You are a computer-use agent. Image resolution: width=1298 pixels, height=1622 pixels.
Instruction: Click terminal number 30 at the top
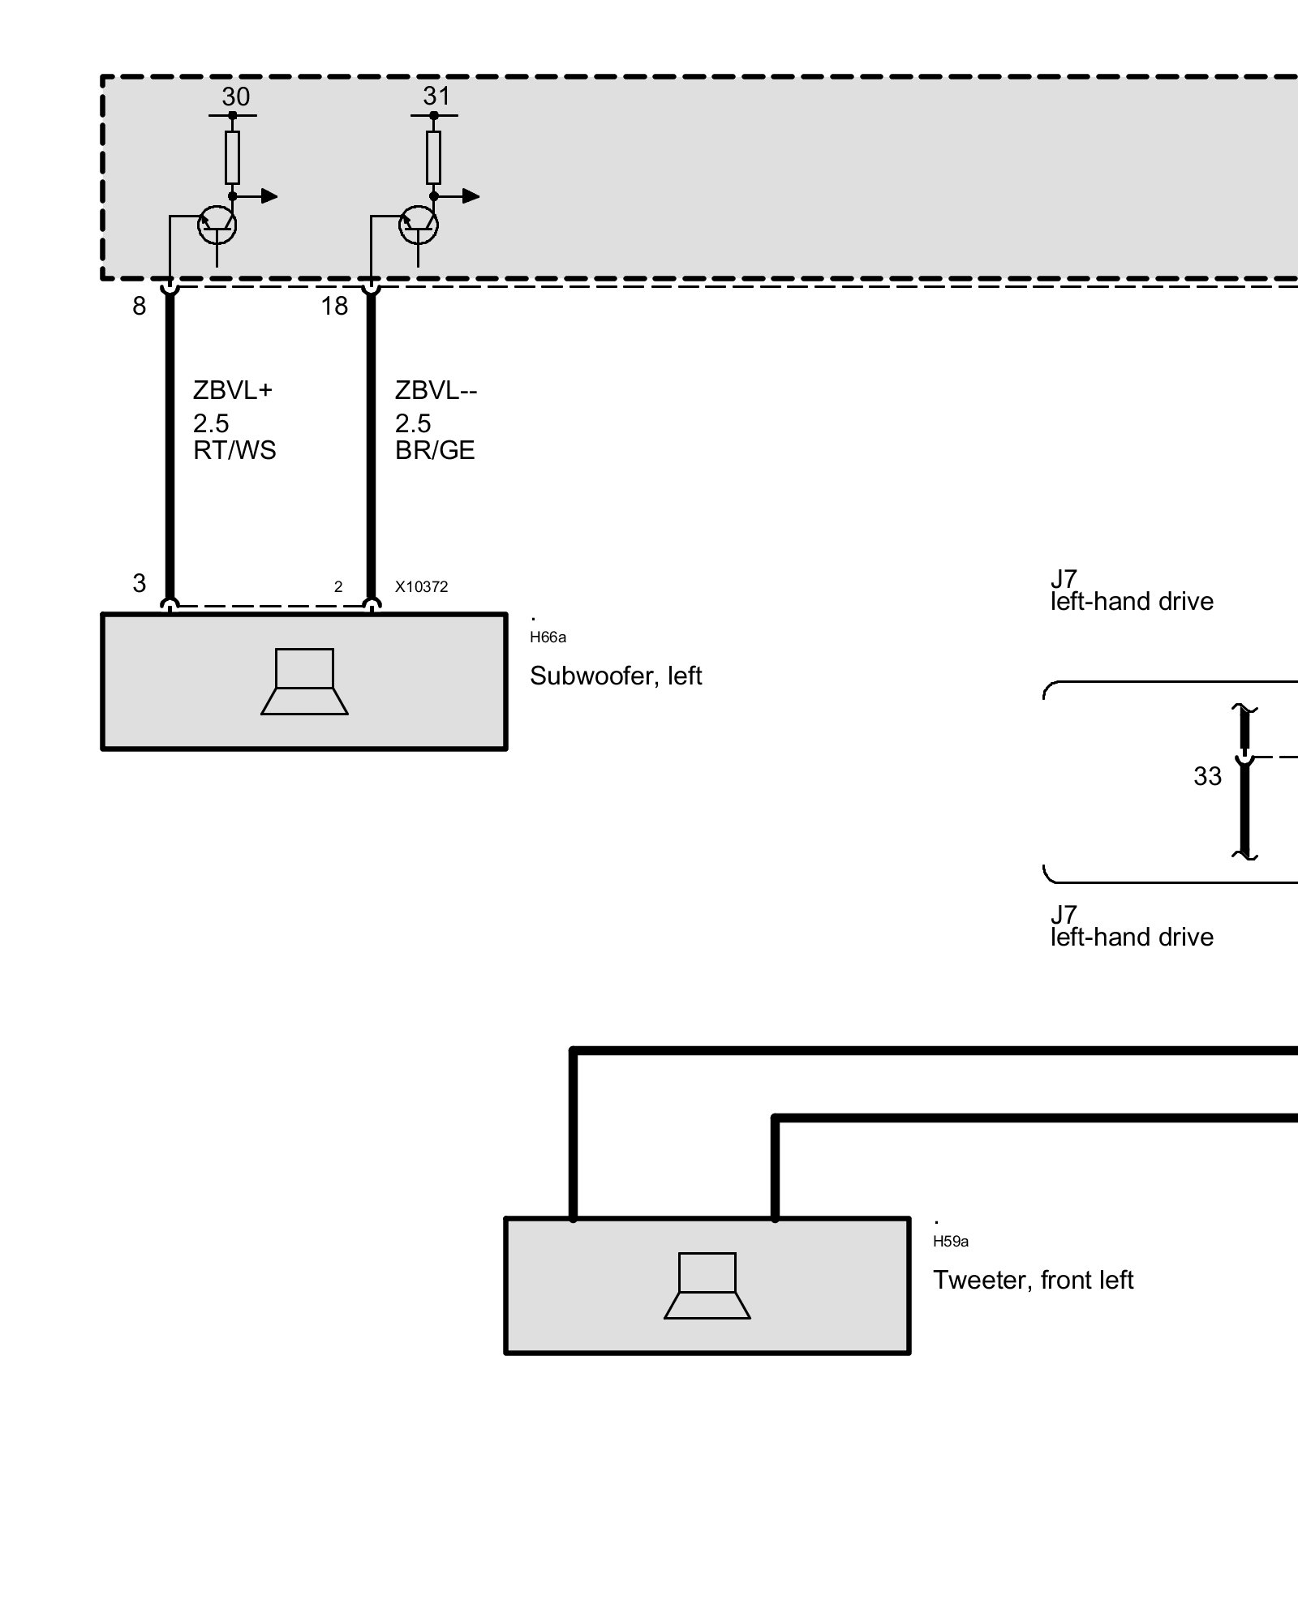[x=235, y=97]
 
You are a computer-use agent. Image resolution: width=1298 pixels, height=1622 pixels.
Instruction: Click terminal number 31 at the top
[x=436, y=96]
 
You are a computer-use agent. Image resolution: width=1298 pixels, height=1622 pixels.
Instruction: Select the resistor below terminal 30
[x=232, y=157]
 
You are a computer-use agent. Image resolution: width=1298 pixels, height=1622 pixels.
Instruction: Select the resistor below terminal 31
[x=433, y=157]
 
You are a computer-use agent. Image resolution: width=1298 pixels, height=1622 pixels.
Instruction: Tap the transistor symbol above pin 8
[x=217, y=225]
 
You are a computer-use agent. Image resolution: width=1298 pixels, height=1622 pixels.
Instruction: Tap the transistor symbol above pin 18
[x=419, y=225]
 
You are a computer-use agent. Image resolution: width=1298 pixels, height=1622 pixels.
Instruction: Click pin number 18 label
[x=334, y=306]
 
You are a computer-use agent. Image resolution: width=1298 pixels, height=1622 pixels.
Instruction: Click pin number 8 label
[x=140, y=306]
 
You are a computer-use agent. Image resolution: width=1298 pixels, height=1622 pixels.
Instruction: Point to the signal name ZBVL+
[x=233, y=390]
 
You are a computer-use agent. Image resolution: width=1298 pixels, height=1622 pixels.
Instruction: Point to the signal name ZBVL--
[x=436, y=390]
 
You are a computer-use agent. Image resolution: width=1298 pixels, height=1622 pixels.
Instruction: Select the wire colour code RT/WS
[x=234, y=450]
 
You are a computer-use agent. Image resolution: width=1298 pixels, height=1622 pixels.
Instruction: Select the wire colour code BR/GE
[x=435, y=450]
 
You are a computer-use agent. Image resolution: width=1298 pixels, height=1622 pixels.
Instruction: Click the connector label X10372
[x=421, y=586]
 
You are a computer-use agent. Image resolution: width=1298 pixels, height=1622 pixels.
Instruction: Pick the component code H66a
[x=548, y=637]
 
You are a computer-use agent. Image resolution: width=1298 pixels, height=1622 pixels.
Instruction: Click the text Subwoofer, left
[x=615, y=676]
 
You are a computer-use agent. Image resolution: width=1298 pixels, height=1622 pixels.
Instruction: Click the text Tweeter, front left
[x=1032, y=1280]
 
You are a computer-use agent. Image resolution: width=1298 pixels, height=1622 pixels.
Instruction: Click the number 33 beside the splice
[x=1207, y=777]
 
